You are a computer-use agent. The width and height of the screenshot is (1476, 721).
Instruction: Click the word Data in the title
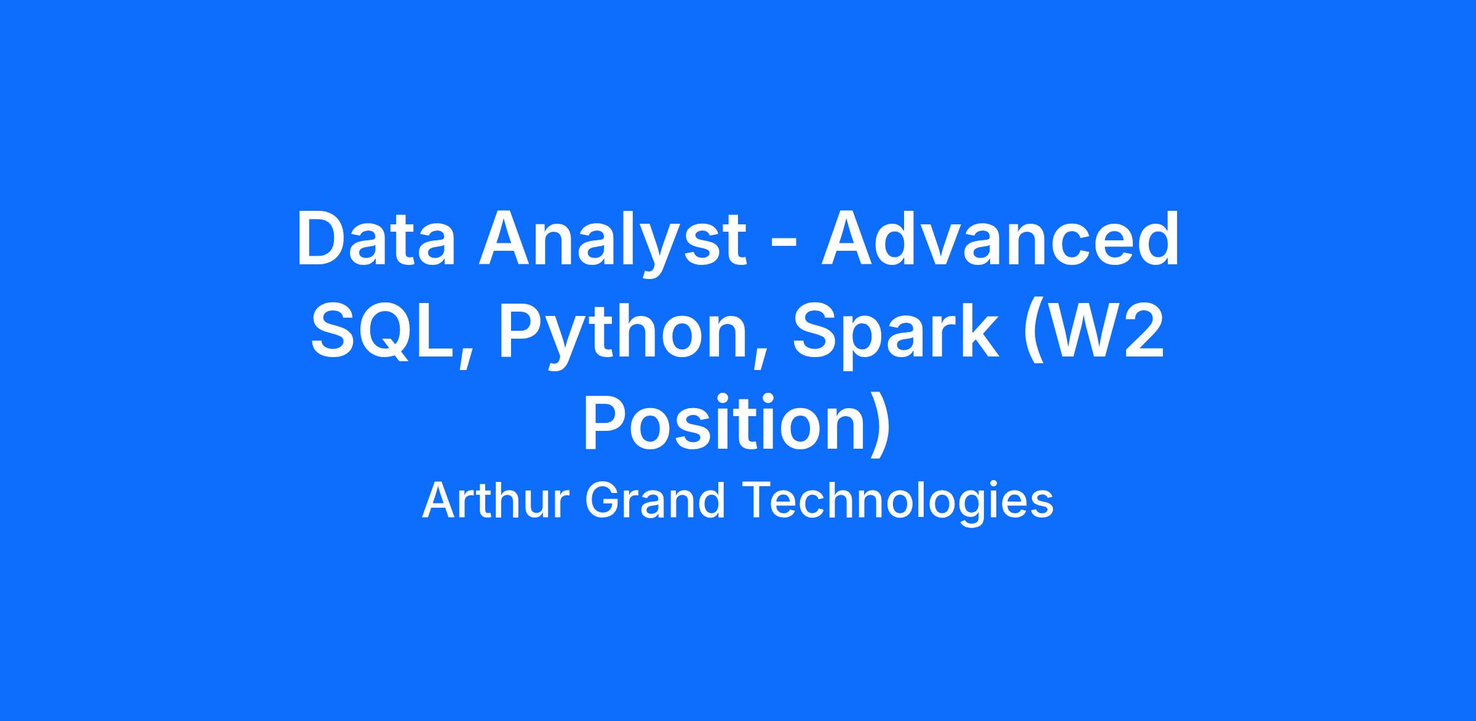(376, 239)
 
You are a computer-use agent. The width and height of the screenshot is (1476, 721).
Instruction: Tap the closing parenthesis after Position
(882, 427)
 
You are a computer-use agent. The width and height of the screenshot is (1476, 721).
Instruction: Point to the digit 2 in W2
(1145, 331)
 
